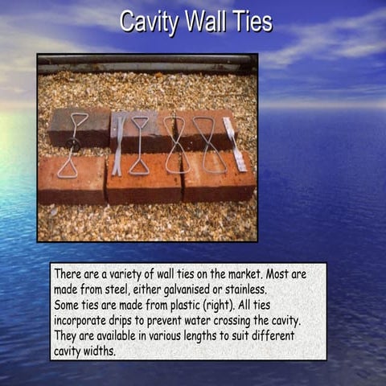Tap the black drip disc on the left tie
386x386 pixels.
point(73,145)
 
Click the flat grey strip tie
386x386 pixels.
point(118,146)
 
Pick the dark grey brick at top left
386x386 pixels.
point(78,125)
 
